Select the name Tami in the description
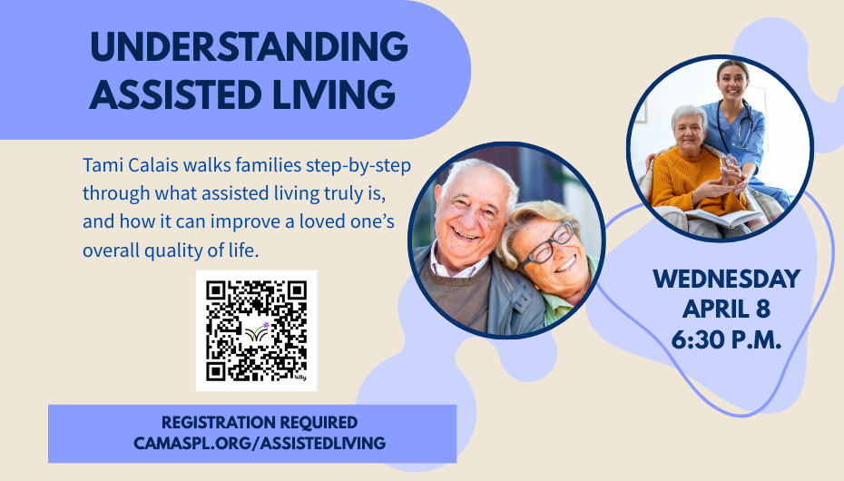tap(101, 167)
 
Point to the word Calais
tap(151, 167)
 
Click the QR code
tap(256, 330)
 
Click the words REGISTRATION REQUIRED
tap(259, 423)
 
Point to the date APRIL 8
tap(726, 309)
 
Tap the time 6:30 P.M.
tap(726, 340)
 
